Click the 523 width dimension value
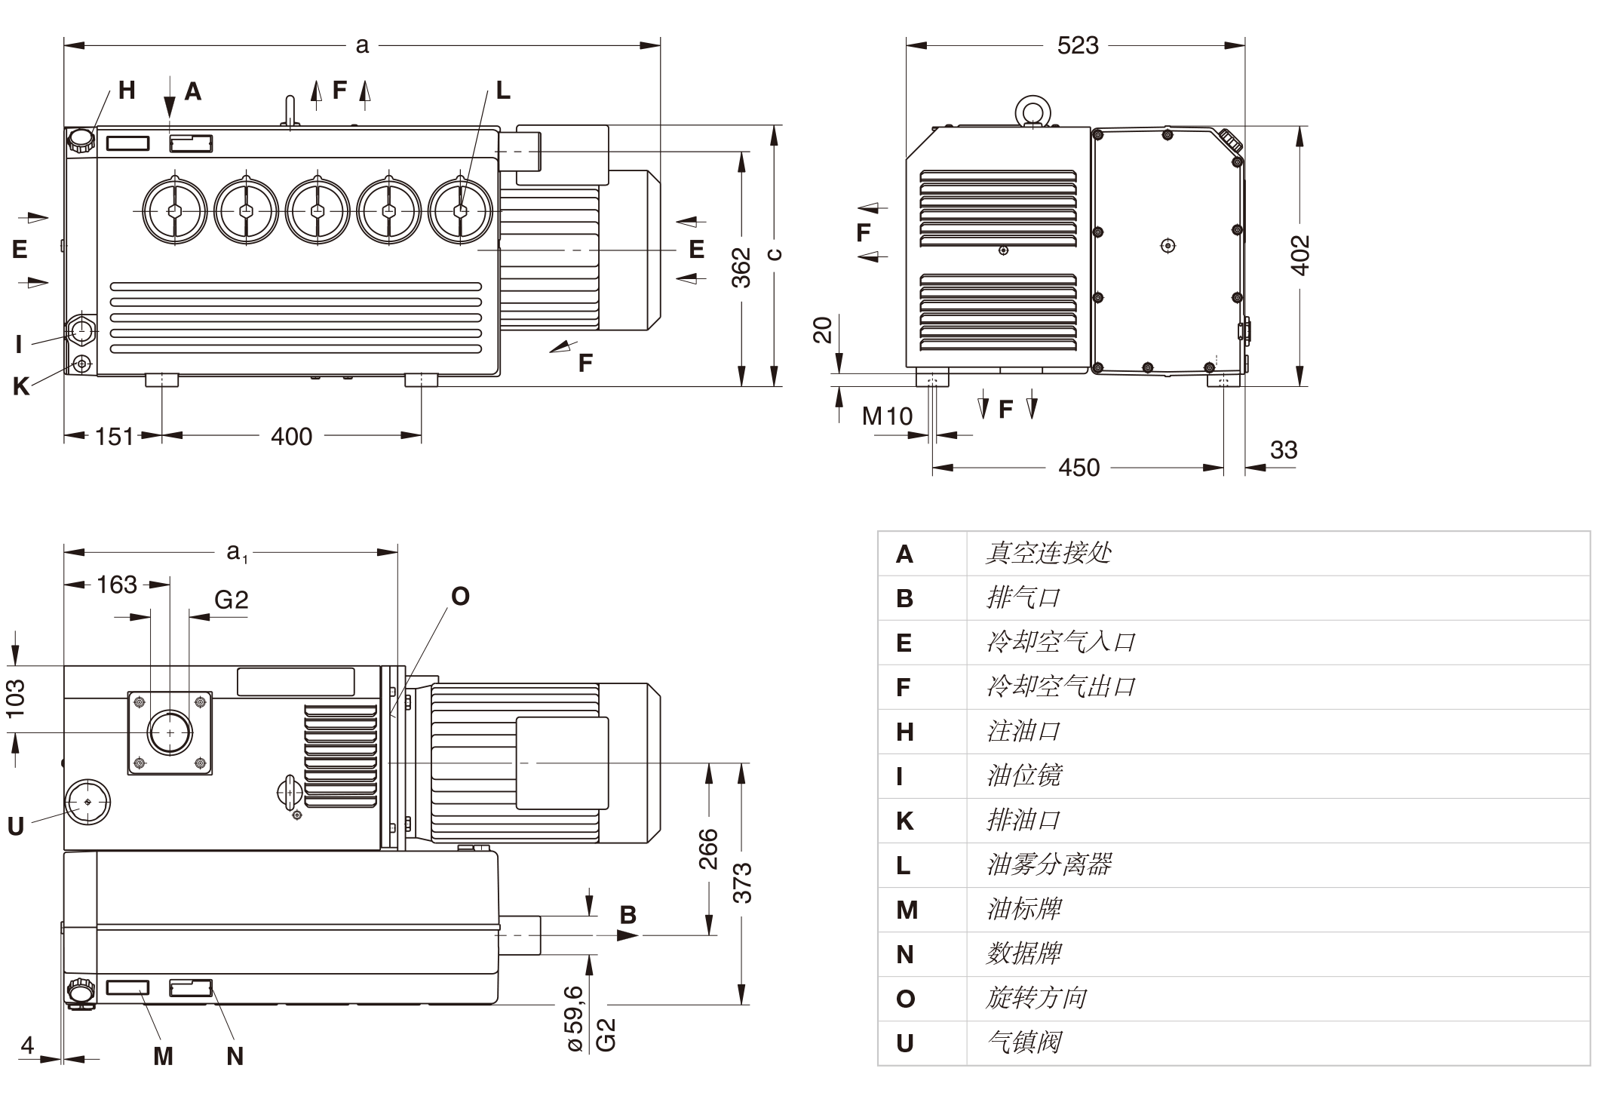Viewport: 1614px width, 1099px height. [1077, 46]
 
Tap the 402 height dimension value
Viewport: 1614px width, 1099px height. [1299, 255]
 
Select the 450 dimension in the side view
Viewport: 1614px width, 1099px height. [1079, 468]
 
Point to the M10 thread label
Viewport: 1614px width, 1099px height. [887, 416]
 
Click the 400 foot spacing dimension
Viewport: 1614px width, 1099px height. [291, 436]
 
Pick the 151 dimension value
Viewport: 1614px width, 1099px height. [114, 436]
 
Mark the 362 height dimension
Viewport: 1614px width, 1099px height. [741, 267]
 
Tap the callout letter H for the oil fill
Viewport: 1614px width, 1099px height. [127, 91]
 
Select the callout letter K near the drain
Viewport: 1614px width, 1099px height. [21, 386]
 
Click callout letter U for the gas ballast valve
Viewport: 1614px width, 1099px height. [16, 827]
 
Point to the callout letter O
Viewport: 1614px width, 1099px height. [460, 597]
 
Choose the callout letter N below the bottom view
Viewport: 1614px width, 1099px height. [235, 1056]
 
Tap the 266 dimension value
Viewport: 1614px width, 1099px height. [708, 849]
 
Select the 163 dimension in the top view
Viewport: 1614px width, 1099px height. [117, 585]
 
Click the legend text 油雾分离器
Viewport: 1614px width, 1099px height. [1048, 864]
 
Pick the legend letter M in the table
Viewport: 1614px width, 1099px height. [907, 910]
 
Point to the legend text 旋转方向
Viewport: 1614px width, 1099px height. [1036, 998]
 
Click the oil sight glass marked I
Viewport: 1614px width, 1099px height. [81, 330]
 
